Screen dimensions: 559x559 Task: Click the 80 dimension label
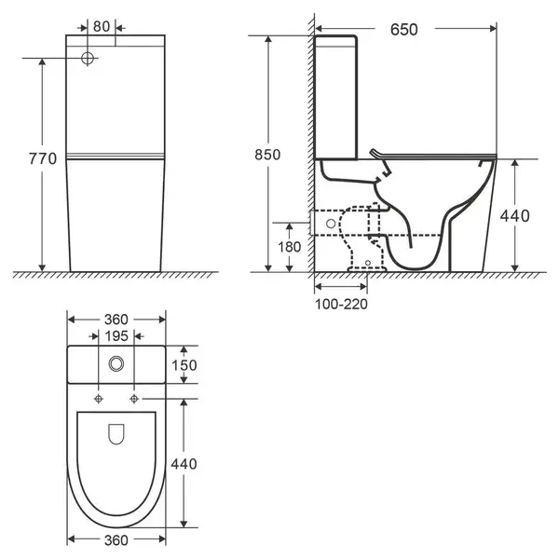click(x=102, y=27)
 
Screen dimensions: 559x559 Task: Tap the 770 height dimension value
click(x=43, y=158)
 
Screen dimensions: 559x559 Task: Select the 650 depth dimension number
click(x=404, y=30)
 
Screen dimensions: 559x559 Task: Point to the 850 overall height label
click(x=267, y=155)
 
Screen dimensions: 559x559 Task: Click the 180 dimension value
click(x=289, y=247)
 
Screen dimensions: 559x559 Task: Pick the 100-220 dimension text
click(x=341, y=304)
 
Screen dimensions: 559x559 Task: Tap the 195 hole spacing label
click(x=116, y=335)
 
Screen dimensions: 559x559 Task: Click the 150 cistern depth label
click(x=184, y=365)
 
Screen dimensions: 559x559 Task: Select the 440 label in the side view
click(x=515, y=216)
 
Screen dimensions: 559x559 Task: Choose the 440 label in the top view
click(x=184, y=464)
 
